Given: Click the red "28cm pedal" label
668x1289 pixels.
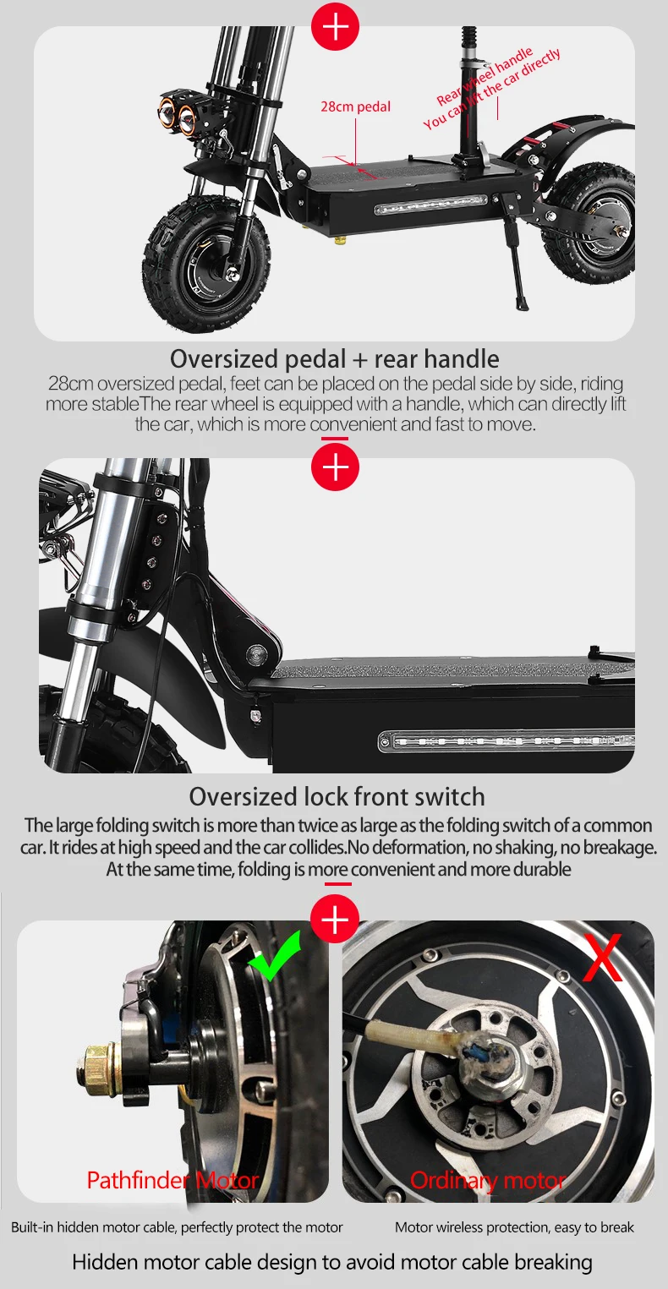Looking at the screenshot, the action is pyautogui.click(x=355, y=107).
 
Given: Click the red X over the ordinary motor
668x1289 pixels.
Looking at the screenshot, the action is pyautogui.click(x=602, y=958).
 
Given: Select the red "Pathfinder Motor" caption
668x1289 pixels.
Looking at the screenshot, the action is pyautogui.click(x=172, y=1180).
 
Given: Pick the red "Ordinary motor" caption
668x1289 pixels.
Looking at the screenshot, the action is pyautogui.click(x=488, y=1180).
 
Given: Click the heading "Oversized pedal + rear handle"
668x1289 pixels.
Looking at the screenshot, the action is pyautogui.click(x=335, y=359).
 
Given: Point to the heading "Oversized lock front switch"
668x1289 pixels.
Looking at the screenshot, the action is pyautogui.click(x=337, y=797).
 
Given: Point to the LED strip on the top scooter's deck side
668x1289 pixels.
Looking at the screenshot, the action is pyautogui.click(x=431, y=205).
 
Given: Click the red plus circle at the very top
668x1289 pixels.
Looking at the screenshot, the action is pyautogui.click(x=335, y=26).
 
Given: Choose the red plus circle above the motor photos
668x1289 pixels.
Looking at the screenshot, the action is pyautogui.click(x=335, y=919).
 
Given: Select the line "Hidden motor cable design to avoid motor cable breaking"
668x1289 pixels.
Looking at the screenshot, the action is pyautogui.click(x=332, y=1262).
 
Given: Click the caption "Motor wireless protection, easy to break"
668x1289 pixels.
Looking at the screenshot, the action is pyautogui.click(x=514, y=1227).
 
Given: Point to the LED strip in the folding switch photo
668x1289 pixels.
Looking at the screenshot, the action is pyautogui.click(x=506, y=740).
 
